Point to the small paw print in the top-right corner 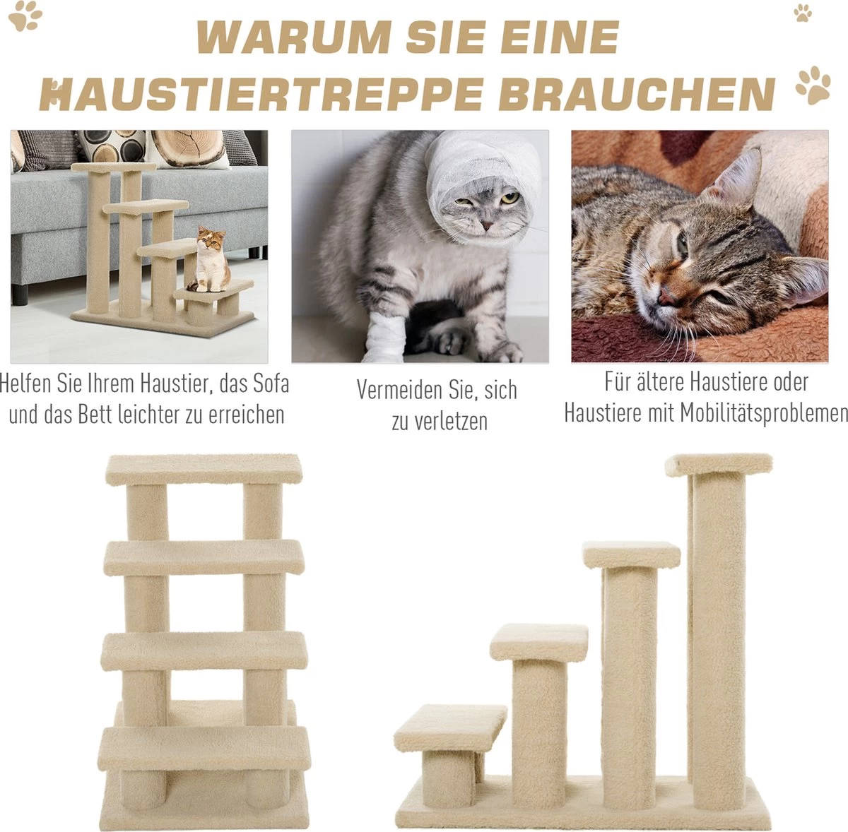point(803,13)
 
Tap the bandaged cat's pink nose point(487,226)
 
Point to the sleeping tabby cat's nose point(666,297)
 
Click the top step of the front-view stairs point(204,469)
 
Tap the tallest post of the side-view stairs point(718,628)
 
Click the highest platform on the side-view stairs point(719,465)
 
